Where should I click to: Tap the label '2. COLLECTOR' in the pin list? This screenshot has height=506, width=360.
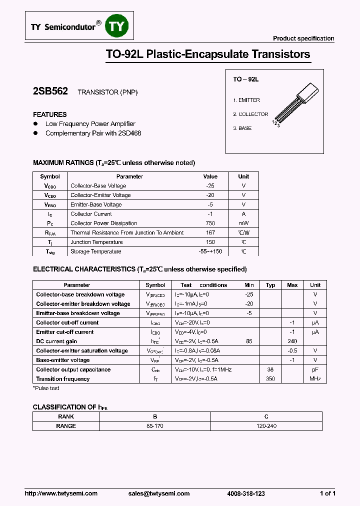[250, 114]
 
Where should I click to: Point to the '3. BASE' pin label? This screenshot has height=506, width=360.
[242, 128]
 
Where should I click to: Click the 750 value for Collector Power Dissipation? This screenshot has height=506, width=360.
[210, 223]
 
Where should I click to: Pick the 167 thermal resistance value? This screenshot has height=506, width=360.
[210, 232]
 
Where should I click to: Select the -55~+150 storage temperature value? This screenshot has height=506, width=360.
[210, 251]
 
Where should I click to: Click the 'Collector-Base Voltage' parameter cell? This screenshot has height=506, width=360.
[98, 185]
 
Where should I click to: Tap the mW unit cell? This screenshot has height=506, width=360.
[243, 223]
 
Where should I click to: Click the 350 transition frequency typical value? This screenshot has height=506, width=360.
[270, 379]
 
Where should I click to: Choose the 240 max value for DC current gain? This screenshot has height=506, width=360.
[292, 341]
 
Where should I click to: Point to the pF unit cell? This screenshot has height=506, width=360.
[315, 369]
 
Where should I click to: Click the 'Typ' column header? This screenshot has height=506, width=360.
[270, 285]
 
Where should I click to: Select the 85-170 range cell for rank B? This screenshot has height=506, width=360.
[154, 426]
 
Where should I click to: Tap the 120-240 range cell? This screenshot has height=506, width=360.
[266, 426]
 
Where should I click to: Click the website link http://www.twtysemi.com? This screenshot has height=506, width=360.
[61, 493]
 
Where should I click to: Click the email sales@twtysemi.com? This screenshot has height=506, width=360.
[159, 493]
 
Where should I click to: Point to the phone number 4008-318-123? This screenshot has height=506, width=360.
[246, 493]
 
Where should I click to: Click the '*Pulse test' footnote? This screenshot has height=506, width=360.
[46, 388]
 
